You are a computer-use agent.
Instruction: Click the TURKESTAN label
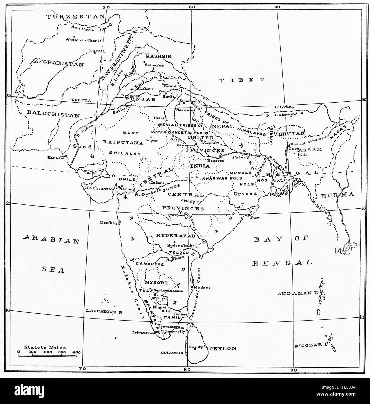click(76, 17)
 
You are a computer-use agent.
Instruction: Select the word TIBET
click(242, 80)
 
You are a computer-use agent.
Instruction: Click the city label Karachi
click(56, 157)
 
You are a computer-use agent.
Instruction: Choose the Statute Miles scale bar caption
click(45, 347)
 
